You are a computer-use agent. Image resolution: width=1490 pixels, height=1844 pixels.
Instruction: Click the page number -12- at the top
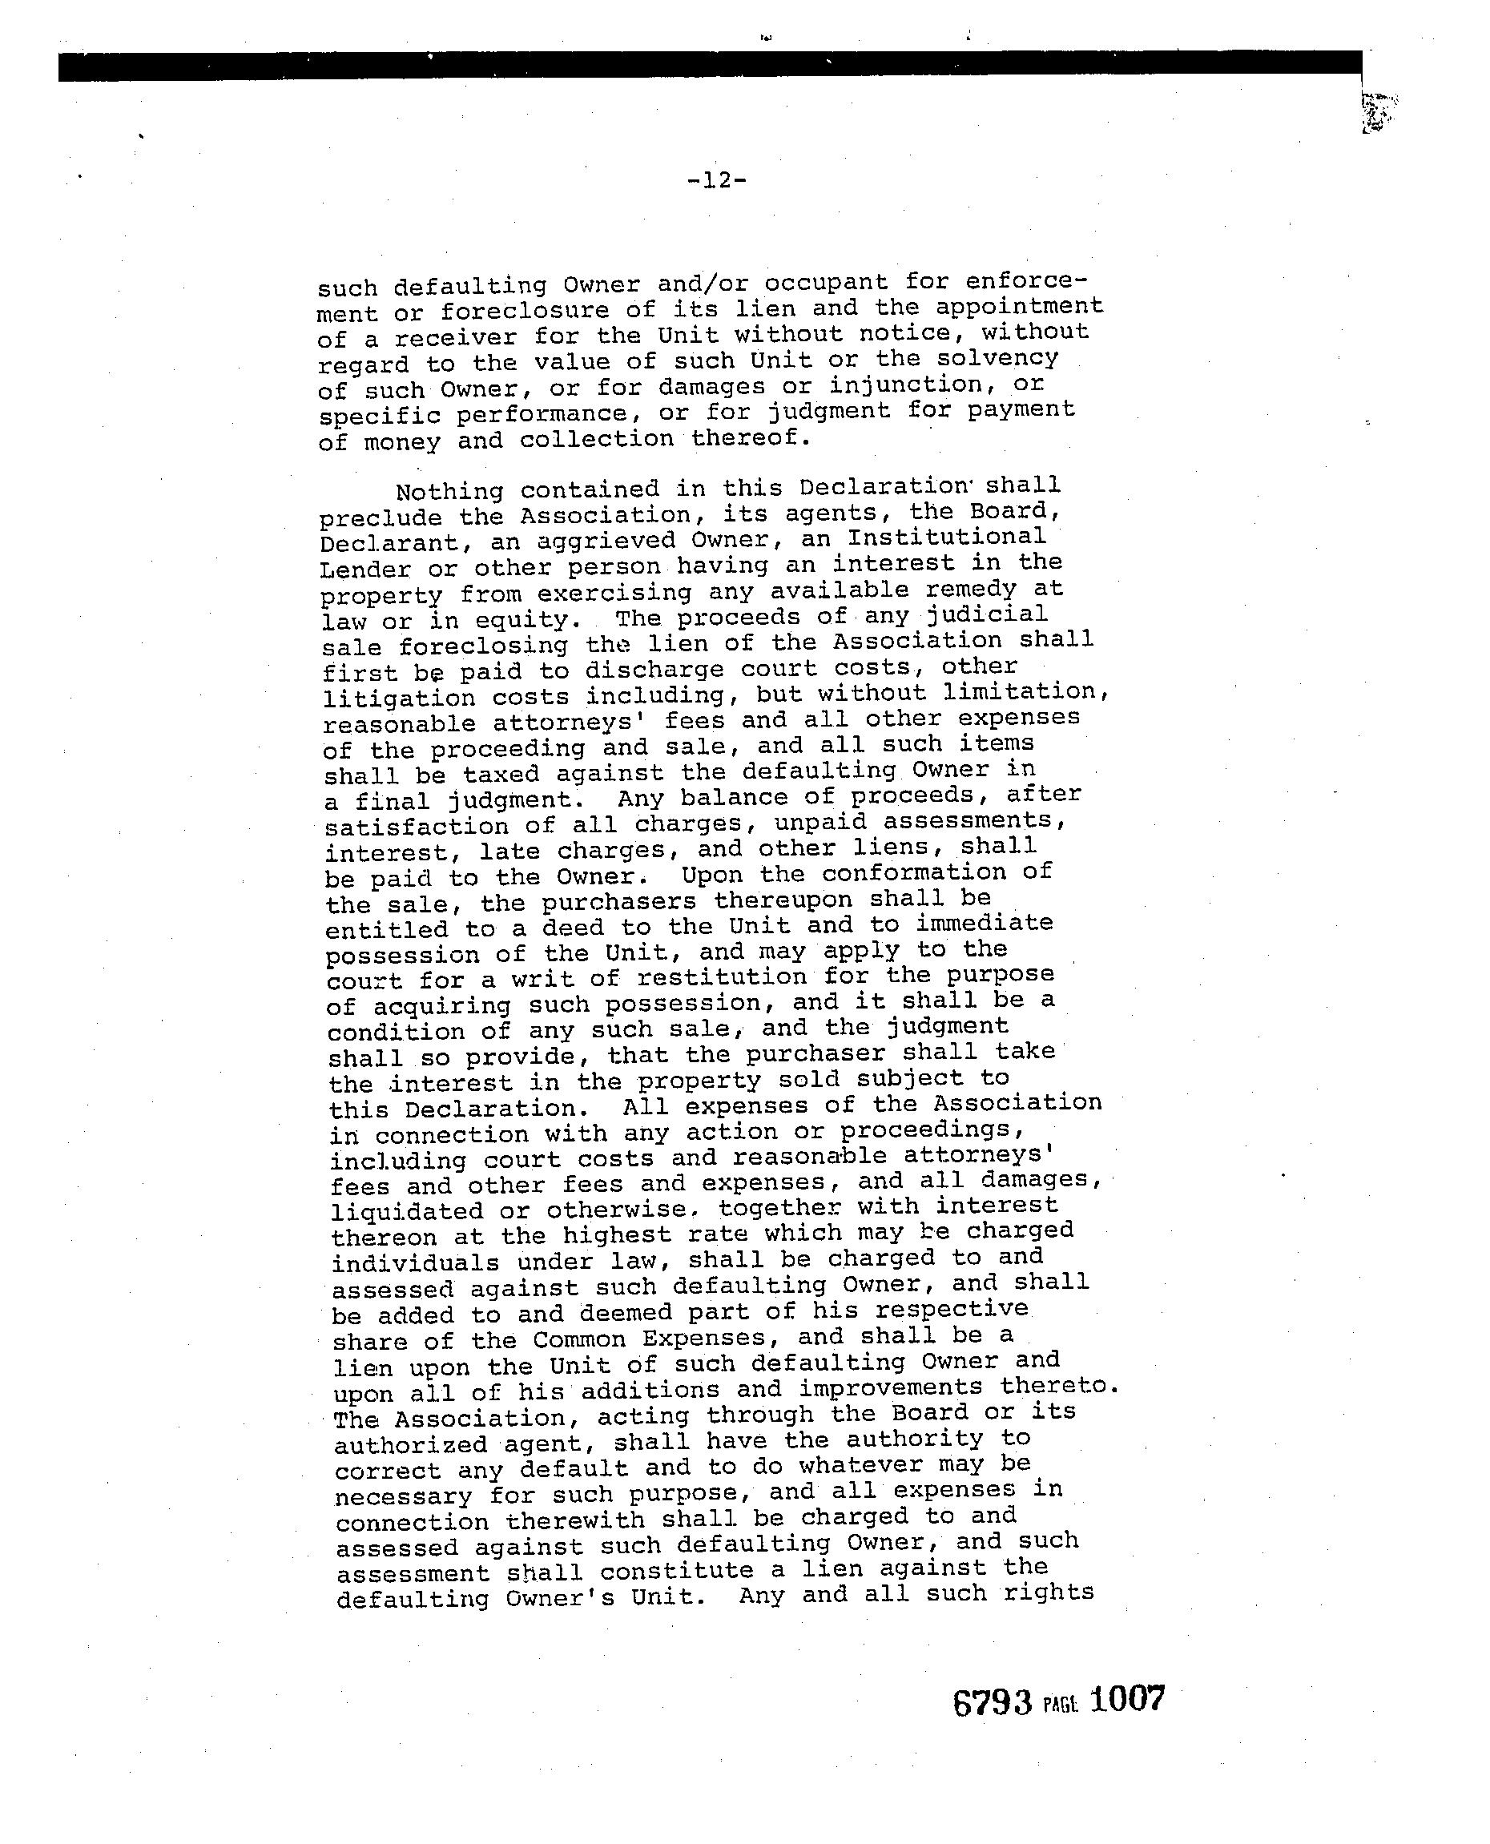(x=717, y=180)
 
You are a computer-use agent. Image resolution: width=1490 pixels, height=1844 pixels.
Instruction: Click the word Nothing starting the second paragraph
(x=449, y=492)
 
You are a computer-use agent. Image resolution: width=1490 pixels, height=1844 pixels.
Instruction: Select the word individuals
(x=416, y=1263)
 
